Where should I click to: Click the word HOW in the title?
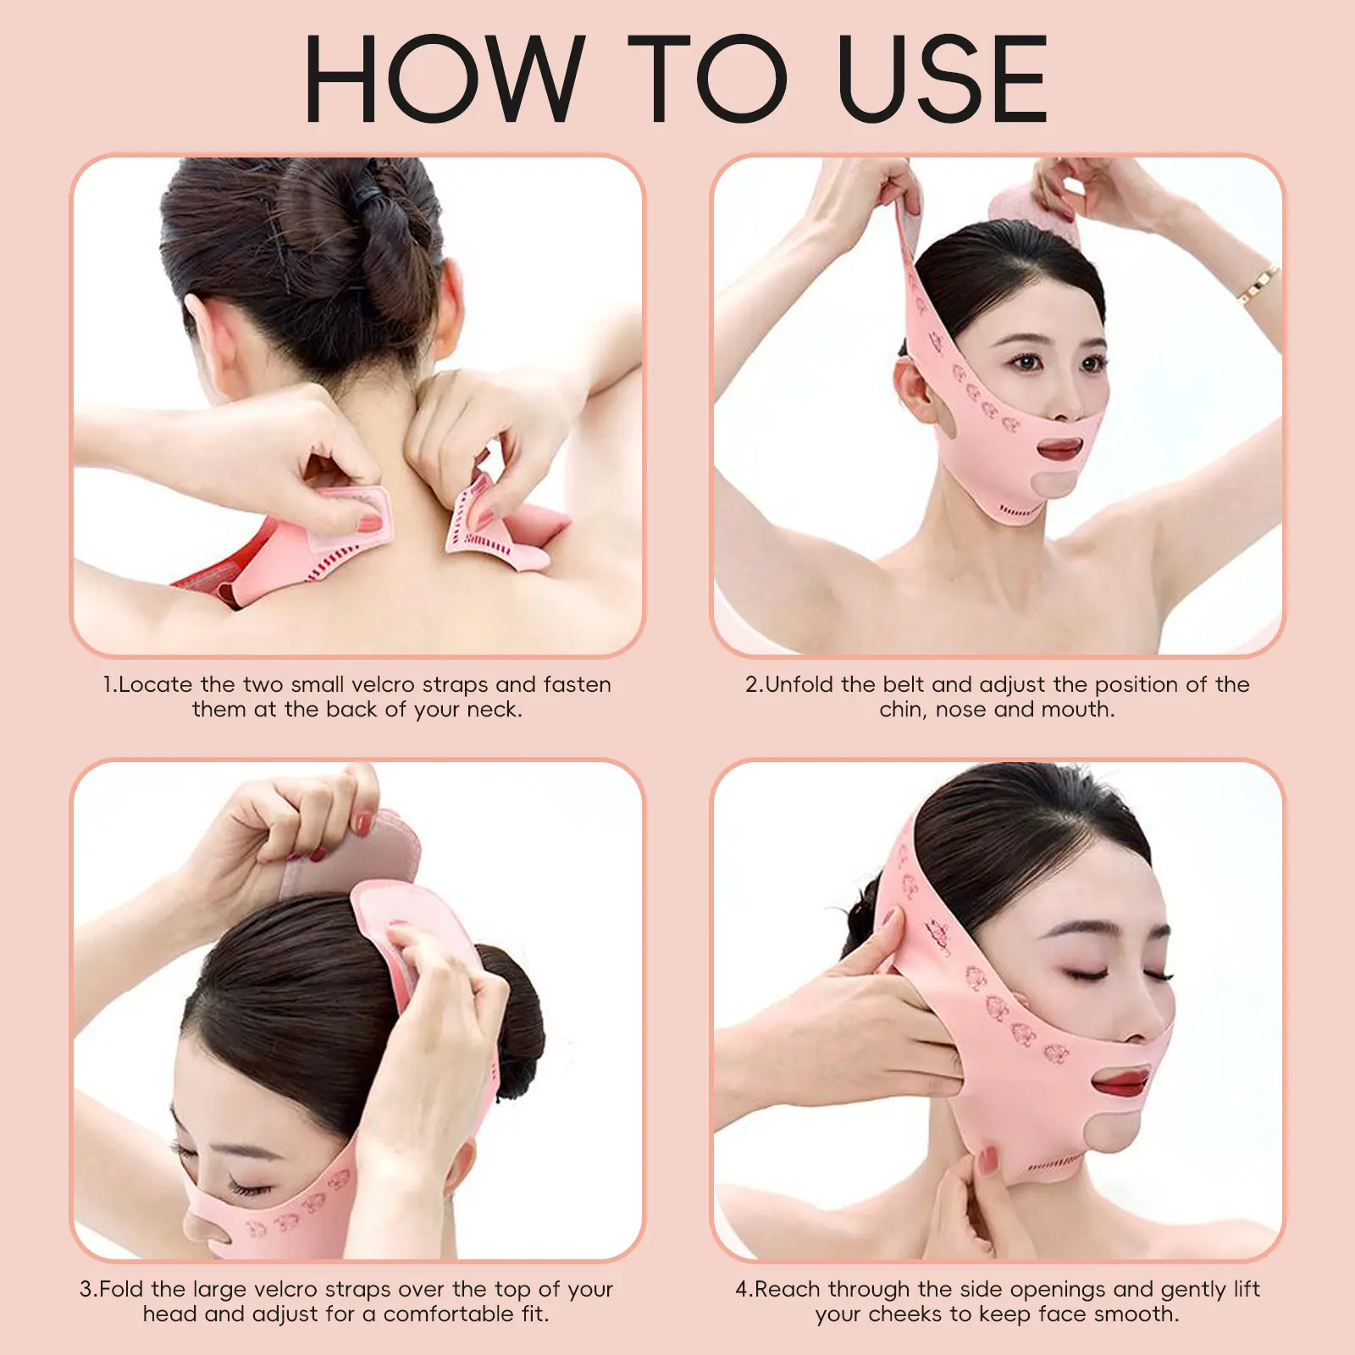444,79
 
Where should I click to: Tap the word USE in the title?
942,79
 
